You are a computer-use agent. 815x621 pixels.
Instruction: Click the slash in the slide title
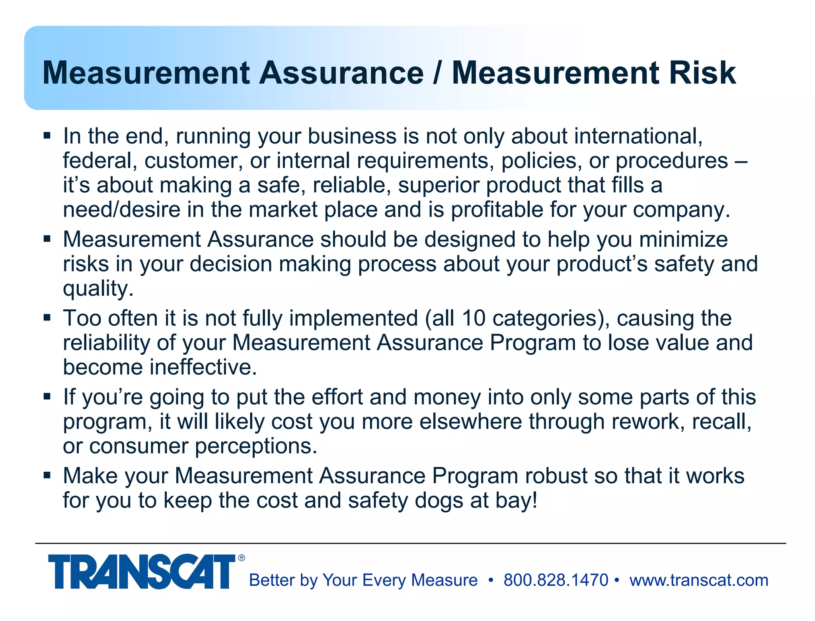click(x=438, y=73)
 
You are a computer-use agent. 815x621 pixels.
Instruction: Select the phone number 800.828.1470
click(x=556, y=580)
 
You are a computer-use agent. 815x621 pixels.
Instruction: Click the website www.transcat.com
click(x=699, y=580)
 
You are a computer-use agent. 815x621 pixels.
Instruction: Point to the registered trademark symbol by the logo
click(x=242, y=558)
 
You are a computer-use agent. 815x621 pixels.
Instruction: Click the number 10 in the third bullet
click(x=473, y=318)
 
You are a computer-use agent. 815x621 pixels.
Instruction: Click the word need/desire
click(x=122, y=210)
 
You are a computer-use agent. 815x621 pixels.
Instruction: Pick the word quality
click(x=98, y=289)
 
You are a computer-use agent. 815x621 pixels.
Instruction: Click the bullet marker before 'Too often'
click(x=47, y=318)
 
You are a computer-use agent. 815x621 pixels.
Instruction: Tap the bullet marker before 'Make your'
click(x=47, y=475)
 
